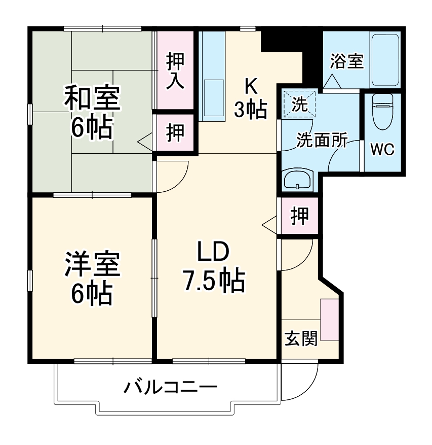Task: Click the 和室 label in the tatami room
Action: point(92,98)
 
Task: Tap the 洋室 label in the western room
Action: point(92,264)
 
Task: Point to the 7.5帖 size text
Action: point(214,280)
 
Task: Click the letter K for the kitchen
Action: point(251,86)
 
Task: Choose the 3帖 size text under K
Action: point(250,110)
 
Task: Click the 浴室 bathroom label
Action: point(347,62)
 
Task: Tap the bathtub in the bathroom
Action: point(386,60)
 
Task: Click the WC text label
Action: point(382,150)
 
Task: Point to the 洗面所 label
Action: point(322,141)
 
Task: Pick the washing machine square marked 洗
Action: point(300,105)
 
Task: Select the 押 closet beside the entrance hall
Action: point(300,217)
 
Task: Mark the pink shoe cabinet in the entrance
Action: point(329,320)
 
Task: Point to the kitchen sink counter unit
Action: point(213,76)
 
